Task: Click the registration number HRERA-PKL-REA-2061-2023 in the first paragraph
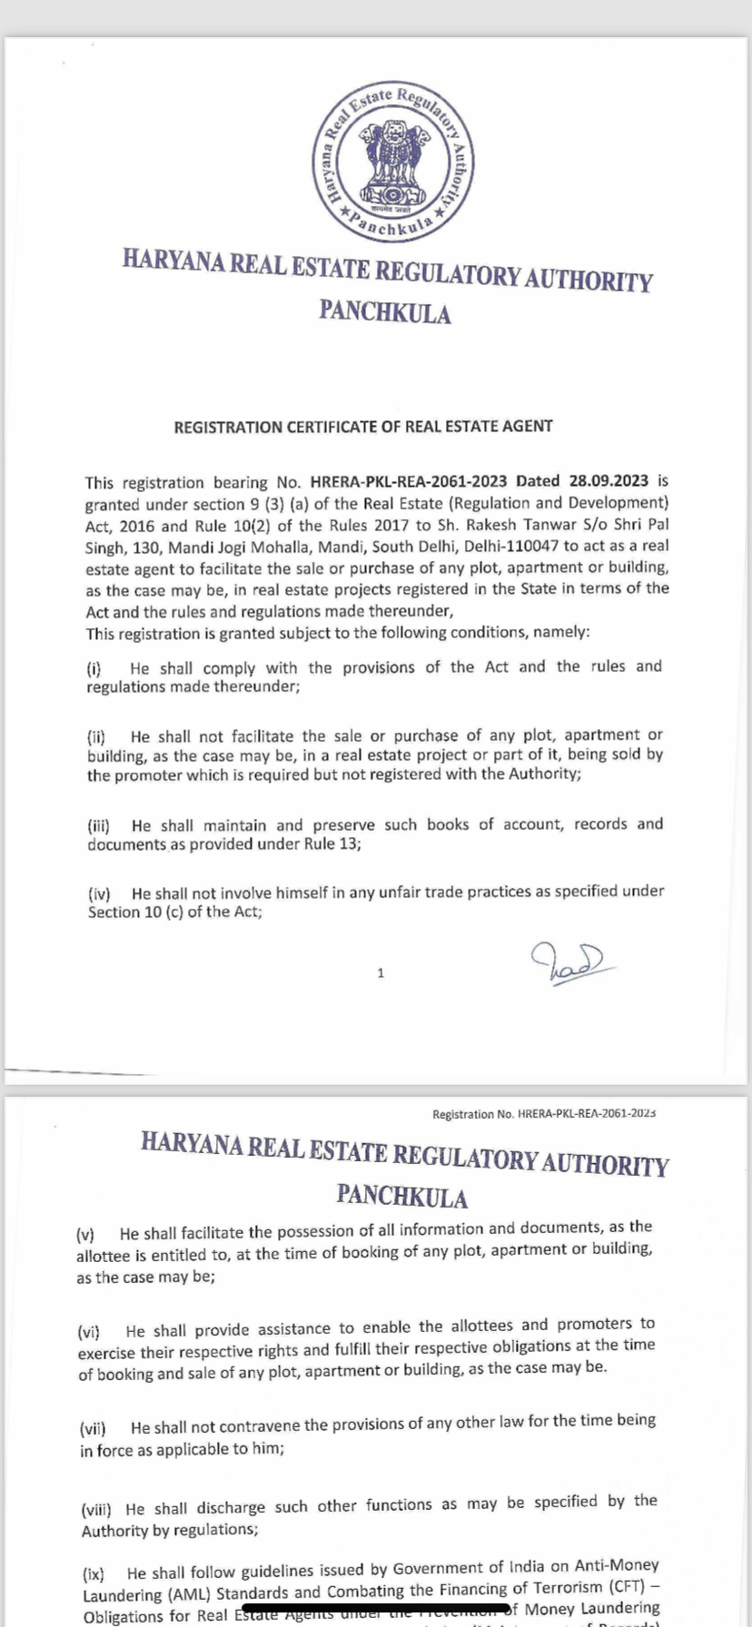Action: (x=410, y=482)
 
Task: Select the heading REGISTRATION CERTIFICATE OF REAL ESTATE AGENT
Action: (x=363, y=426)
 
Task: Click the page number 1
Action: (x=381, y=973)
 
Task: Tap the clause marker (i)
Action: (x=94, y=670)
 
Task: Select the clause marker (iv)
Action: (x=98, y=893)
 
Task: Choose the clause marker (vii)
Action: (x=93, y=1428)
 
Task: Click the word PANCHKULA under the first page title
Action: (x=385, y=313)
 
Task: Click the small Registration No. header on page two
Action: (x=544, y=1113)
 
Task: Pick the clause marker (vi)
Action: (x=89, y=1332)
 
